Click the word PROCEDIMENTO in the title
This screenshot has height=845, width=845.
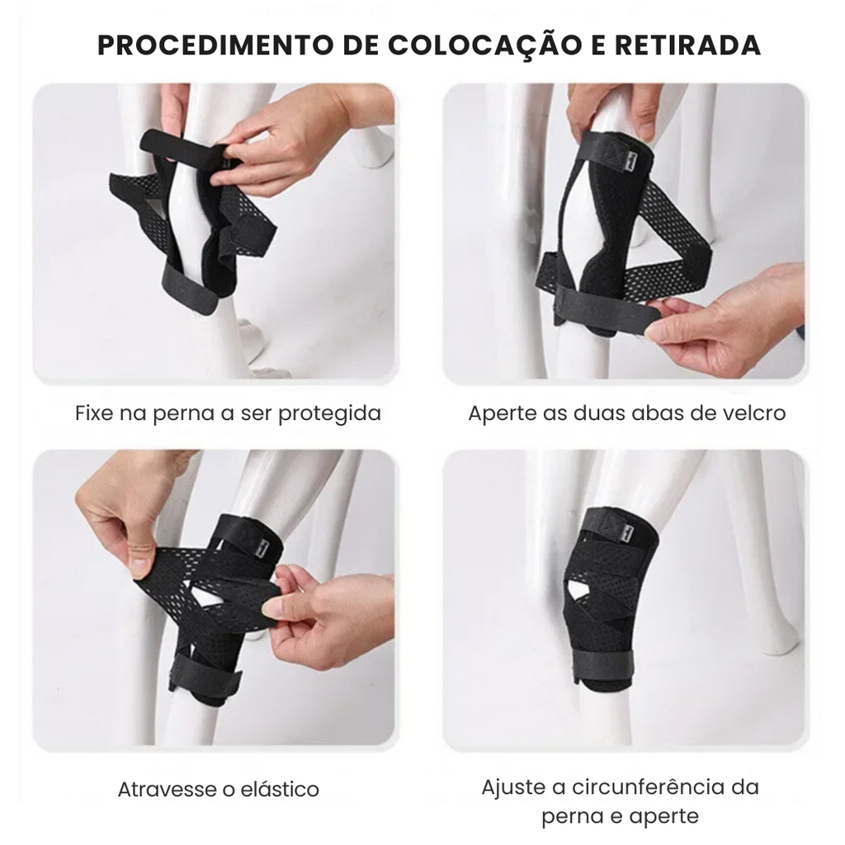click(215, 45)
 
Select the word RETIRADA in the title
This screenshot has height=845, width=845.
click(687, 45)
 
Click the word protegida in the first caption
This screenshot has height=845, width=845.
click(329, 414)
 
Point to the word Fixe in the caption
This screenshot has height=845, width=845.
click(94, 413)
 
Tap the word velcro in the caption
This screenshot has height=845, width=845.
click(753, 414)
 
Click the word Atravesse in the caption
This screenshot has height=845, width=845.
click(168, 790)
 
